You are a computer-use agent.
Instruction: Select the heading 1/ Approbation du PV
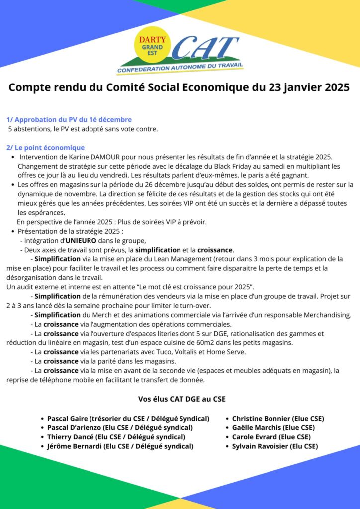pos(69,119)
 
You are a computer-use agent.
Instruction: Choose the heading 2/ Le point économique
pos(46,148)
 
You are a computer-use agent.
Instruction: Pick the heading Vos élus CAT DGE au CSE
pos(181,399)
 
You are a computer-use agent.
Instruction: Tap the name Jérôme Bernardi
pos(74,446)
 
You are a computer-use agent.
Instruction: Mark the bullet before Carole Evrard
pos(227,437)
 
